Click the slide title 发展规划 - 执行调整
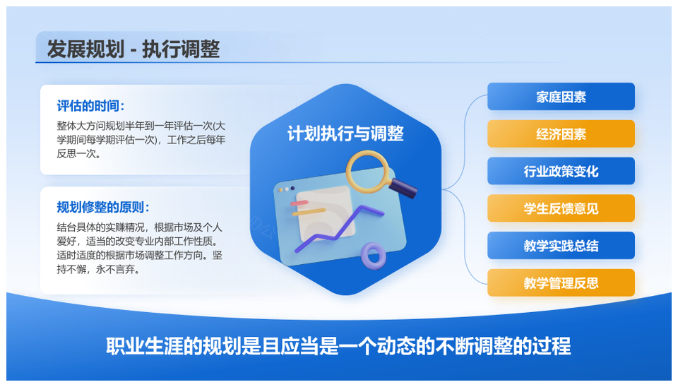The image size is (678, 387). (x=133, y=49)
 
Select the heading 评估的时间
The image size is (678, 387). (x=90, y=106)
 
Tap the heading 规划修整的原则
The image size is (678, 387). (x=103, y=207)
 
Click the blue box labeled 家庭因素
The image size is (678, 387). (x=561, y=97)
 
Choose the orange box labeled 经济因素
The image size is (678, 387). (x=561, y=133)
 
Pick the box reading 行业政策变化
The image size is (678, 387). (x=561, y=171)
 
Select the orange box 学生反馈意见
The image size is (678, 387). (x=561, y=208)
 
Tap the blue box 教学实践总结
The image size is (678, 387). (x=561, y=245)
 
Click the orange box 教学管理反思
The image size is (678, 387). (x=561, y=282)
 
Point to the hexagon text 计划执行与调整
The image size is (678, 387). (x=345, y=133)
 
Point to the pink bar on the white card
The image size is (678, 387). (x=299, y=203)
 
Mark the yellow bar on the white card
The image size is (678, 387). (x=309, y=212)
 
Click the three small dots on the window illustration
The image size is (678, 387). (x=286, y=189)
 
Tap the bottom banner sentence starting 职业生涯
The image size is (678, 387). (x=338, y=346)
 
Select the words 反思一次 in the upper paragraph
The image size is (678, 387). (x=78, y=154)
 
